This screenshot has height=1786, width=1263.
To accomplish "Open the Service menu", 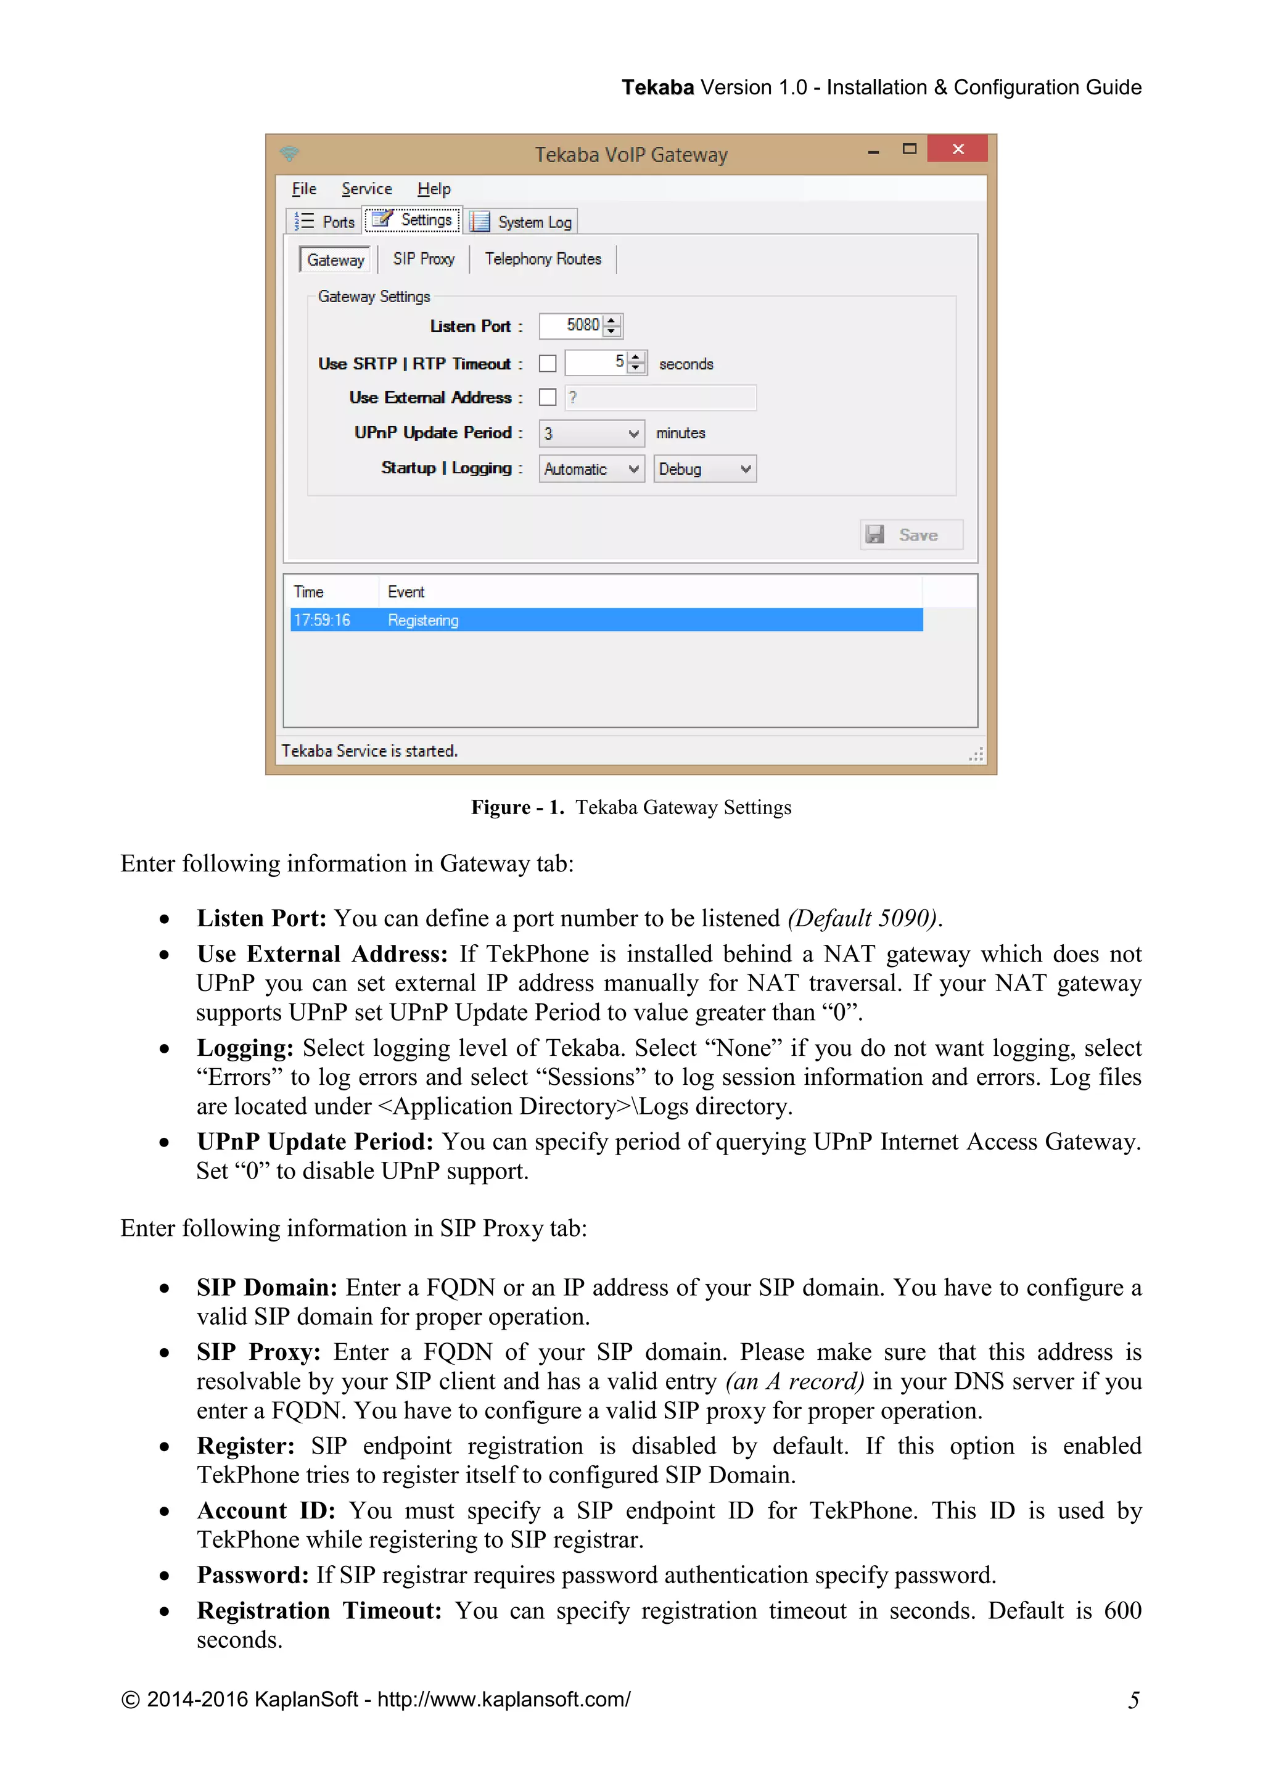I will (366, 189).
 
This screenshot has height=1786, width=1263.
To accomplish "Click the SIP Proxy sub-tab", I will (423, 259).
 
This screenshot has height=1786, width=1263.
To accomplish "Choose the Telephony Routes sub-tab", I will (543, 259).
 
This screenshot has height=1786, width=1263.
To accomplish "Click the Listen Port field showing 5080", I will (572, 325).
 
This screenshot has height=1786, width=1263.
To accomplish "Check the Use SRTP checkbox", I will (548, 363).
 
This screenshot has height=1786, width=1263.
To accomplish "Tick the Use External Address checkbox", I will (548, 398).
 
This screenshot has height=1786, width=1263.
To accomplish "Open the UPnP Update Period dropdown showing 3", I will (591, 434).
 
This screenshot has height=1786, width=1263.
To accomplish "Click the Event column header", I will (406, 592).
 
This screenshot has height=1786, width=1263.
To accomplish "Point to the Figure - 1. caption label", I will (517, 807).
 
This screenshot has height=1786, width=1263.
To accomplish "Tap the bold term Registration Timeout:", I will (319, 1611).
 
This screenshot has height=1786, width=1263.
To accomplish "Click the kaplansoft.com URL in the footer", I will (504, 1700).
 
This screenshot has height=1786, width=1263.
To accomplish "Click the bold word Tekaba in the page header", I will (657, 87).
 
